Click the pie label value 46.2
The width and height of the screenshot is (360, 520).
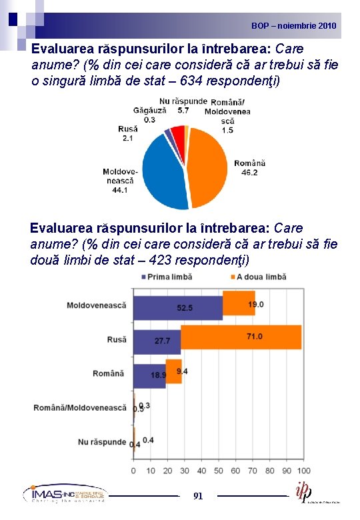(249, 172)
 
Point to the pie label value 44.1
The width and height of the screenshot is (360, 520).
(120, 190)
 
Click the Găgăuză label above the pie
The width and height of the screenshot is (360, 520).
(149, 110)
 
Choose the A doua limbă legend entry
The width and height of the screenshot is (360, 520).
(257, 277)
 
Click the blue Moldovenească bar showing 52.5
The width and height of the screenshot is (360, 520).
(177, 307)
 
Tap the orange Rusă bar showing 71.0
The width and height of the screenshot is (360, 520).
(241, 337)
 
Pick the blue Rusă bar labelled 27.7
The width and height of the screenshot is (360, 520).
(157, 341)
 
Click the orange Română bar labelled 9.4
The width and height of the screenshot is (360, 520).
(174, 371)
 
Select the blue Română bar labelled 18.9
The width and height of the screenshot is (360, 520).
(149, 375)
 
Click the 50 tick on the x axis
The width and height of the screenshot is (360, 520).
(219, 471)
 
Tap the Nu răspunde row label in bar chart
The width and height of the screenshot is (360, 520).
(101, 441)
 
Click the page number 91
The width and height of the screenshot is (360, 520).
(198, 496)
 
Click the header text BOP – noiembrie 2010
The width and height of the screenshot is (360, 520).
(294, 26)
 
